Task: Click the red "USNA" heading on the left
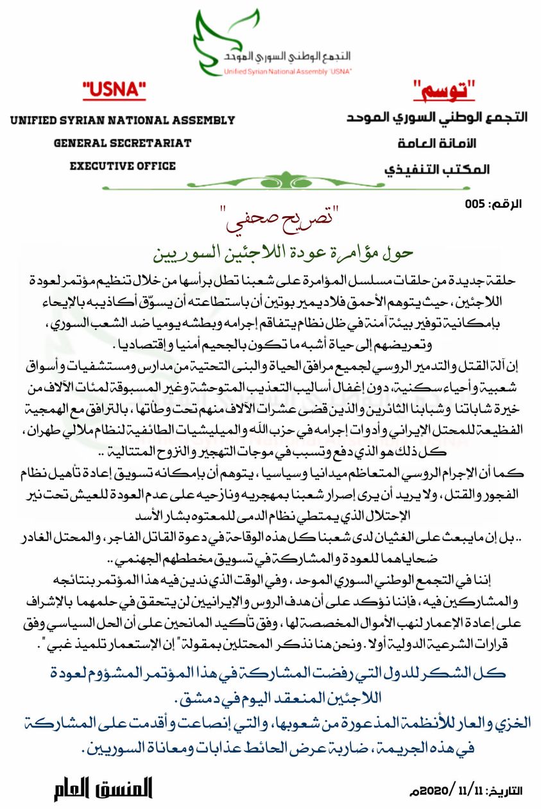pyautogui.click(x=115, y=92)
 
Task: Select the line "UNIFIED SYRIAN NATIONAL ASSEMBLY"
pyautogui.click(x=123, y=121)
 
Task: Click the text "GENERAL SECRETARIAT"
pyautogui.click(x=123, y=143)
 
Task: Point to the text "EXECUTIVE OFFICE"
pyautogui.click(x=123, y=166)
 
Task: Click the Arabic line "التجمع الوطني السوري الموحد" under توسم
pyautogui.click(x=437, y=118)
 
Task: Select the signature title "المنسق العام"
pyautogui.click(x=103, y=789)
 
